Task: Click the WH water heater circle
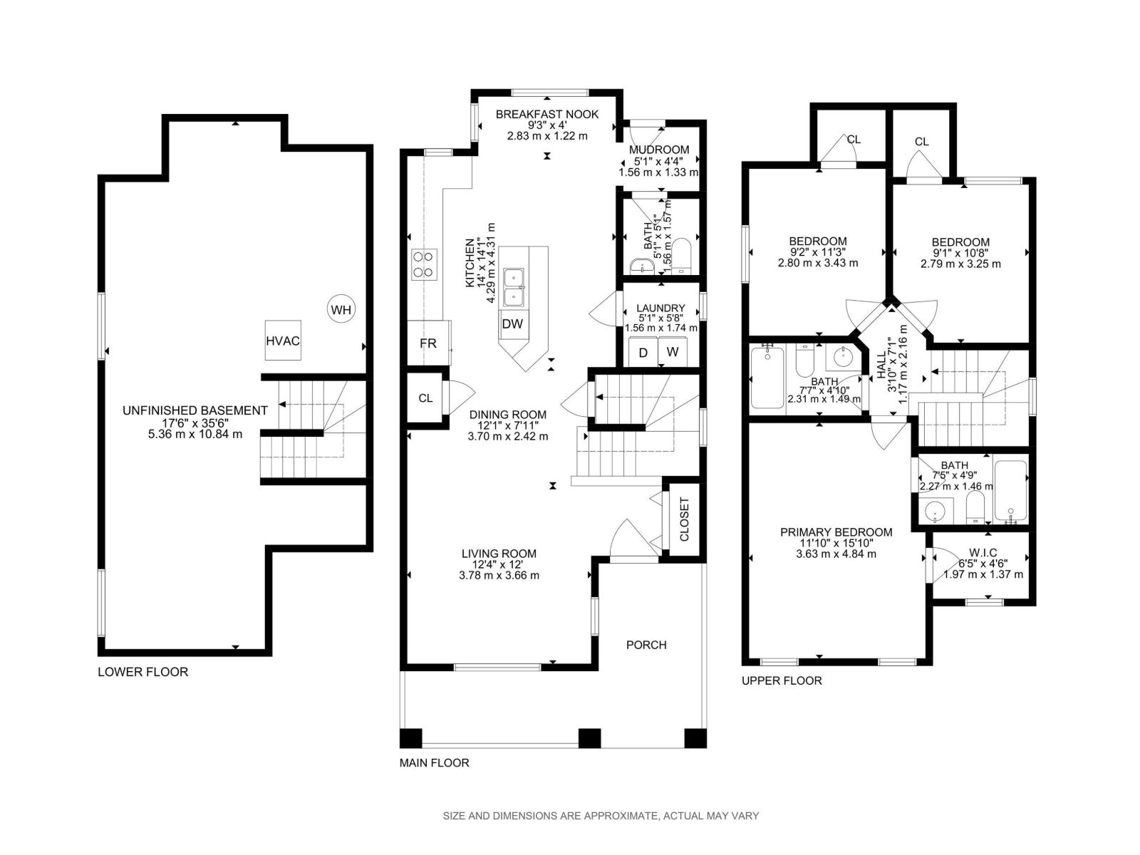[x=341, y=310]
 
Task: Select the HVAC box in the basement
[x=283, y=340]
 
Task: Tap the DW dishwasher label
[x=512, y=324]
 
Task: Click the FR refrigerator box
[x=428, y=343]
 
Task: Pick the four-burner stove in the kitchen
[x=424, y=264]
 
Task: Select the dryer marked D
[x=643, y=353]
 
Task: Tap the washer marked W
[x=673, y=352]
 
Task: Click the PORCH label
[x=646, y=645]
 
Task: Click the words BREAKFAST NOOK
[x=547, y=114]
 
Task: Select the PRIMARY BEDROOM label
[x=836, y=532]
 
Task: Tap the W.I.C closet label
[x=983, y=553]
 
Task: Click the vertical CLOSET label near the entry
[x=684, y=519]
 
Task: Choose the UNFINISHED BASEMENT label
[x=195, y=410]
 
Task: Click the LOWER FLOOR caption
[x=142, y=672]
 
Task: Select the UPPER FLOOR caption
[x=782, y=680]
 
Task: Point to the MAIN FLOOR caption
[x=434, y=762]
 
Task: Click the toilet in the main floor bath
[x=680, y=255]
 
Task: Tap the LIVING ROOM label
[x=499, y=554]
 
